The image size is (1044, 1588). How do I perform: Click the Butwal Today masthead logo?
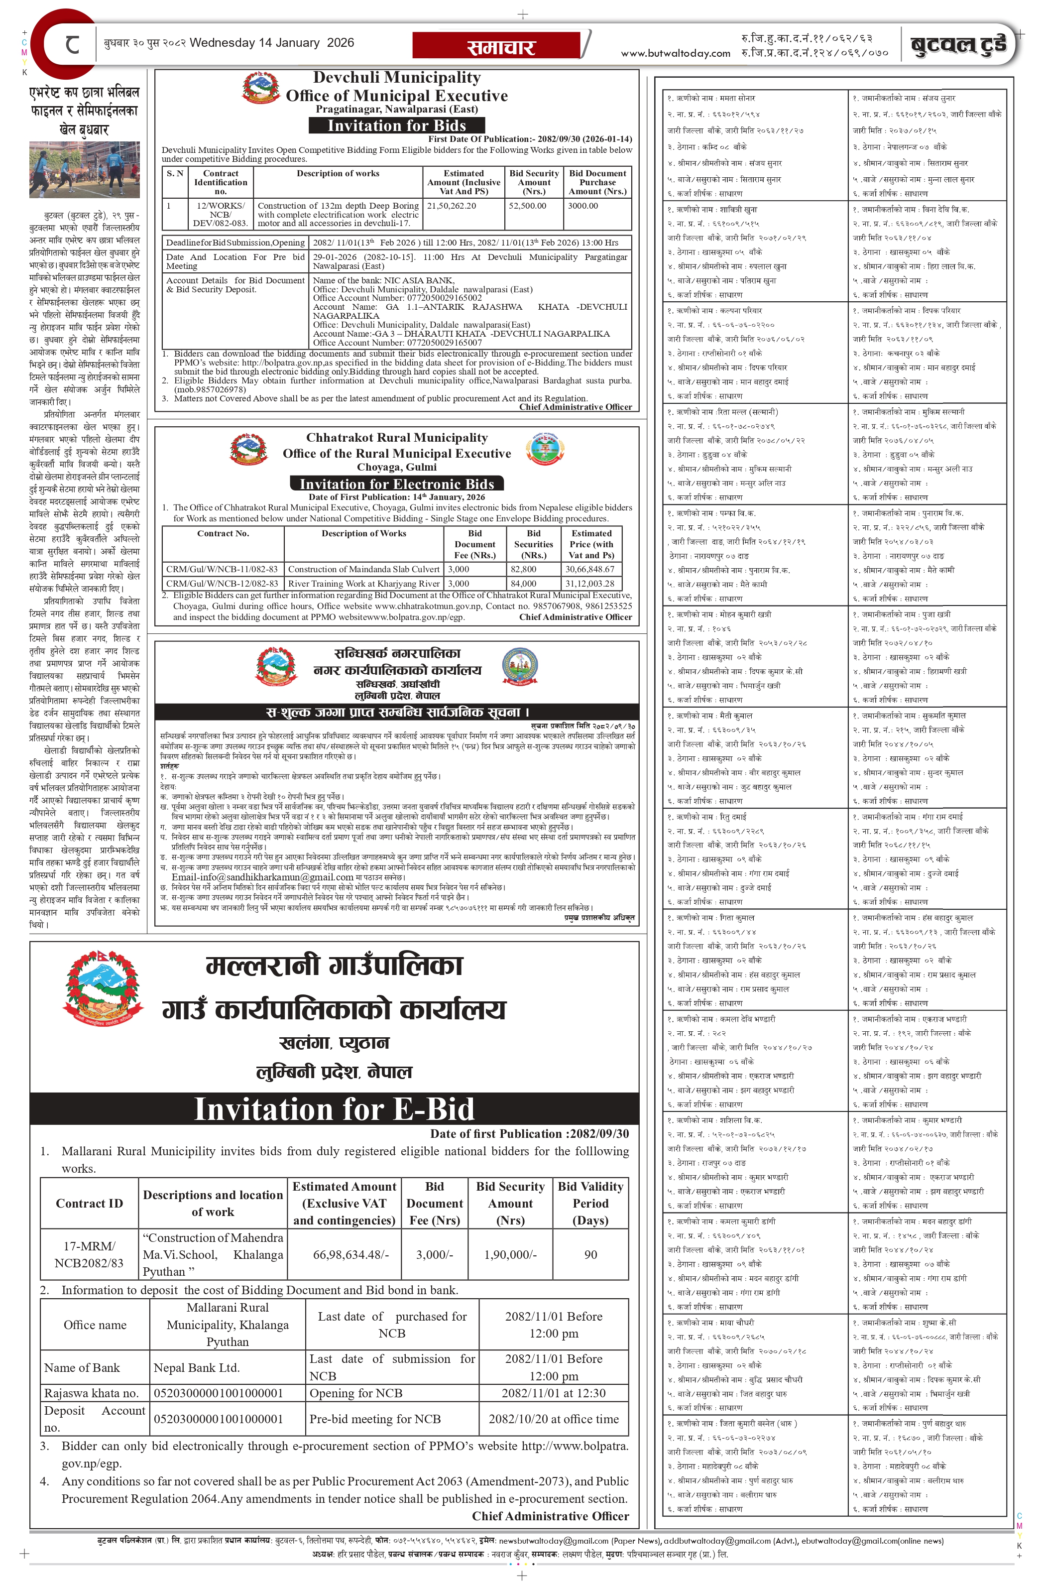[958, 45]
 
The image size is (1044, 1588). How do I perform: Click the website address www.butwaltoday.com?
[675, 53]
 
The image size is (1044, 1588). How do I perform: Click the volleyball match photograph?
[84, 169]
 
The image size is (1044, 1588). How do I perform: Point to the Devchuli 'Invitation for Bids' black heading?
[396, 125]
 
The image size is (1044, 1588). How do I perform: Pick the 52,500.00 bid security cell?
[527, 206]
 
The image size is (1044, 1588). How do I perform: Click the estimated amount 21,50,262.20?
[452, 206]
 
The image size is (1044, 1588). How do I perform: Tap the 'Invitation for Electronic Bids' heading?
[396, 484]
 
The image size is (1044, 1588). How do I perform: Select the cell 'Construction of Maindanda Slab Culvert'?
[363, 569]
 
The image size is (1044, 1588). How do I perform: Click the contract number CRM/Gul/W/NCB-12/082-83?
[222, 583]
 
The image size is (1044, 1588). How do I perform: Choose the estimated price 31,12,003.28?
[590, 583]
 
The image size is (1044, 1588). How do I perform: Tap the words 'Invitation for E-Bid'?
[334, 1108]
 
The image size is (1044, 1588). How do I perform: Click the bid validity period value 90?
[590, 1254]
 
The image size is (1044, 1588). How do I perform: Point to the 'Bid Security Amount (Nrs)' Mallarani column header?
[510, 1203]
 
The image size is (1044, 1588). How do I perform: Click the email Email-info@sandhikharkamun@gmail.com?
[261, 877]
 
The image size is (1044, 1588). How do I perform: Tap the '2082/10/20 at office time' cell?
[553, 1419]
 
